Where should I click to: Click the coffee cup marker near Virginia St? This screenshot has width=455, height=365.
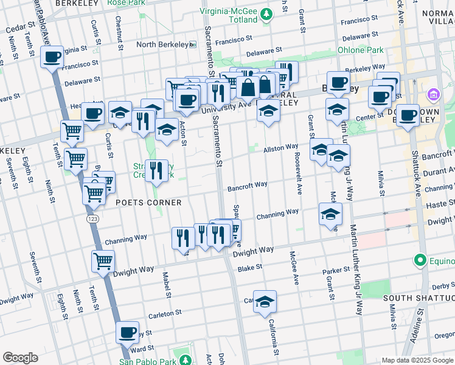[x=52, y=58]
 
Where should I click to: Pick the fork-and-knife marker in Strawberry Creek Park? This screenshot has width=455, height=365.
[x=156, y=171]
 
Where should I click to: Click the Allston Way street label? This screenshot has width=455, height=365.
[x=280, y=148]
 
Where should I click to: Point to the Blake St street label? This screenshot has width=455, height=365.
[x=249, y=268]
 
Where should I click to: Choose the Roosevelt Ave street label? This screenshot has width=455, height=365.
[x=299, y=179]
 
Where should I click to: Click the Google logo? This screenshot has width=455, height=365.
[x=20, y=358]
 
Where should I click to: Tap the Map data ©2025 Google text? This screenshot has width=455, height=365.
[x=417, y=360]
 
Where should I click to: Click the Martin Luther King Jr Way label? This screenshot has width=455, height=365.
[x=350, y=182]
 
